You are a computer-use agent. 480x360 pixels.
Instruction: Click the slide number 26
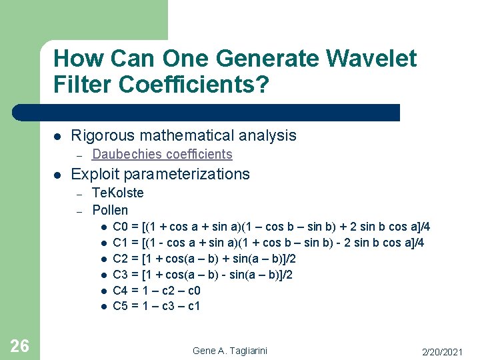(x=20, y=345)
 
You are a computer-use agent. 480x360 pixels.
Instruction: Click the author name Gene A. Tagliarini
(x=231, y=351)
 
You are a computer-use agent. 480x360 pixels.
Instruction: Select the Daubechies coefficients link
(x=162, y=155)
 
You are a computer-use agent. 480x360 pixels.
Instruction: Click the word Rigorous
(x=102, y=135)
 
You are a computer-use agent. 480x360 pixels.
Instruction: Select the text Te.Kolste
(x=117, y=193)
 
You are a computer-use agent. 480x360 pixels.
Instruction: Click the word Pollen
(x=110, y=210)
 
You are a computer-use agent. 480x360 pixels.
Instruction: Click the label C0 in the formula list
(x=121, y=227)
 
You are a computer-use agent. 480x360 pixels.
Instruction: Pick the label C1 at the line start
(x=121, y=243)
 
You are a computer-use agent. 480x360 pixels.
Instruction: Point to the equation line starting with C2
(x=204, y=259)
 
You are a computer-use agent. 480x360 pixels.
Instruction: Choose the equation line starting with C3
(x=203, y=275)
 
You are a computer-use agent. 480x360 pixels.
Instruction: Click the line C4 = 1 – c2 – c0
(x=156, y=291)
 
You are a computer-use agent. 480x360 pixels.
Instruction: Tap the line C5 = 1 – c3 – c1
(x=156, y=307)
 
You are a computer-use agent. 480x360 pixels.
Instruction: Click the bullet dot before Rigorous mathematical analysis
(x=57, y=136)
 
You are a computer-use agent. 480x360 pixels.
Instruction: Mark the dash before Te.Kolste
(x=79, y=194)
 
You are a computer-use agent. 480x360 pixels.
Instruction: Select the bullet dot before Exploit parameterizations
(x=57, y=175)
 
